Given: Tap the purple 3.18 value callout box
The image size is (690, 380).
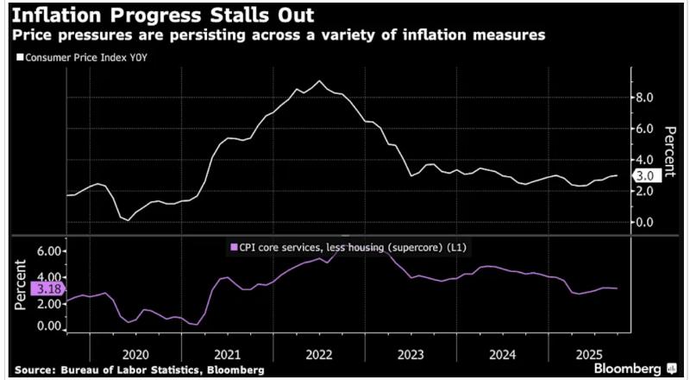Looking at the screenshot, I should point(45,289).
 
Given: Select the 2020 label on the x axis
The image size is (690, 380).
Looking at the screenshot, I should point(136,353).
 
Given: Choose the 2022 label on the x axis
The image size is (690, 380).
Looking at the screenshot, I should point(319,353).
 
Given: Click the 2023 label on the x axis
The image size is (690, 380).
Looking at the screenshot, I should point(411,353).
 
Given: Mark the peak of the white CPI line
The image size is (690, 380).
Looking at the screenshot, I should point(320,81).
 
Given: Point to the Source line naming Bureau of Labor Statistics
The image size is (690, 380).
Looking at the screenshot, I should point(143,370).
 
